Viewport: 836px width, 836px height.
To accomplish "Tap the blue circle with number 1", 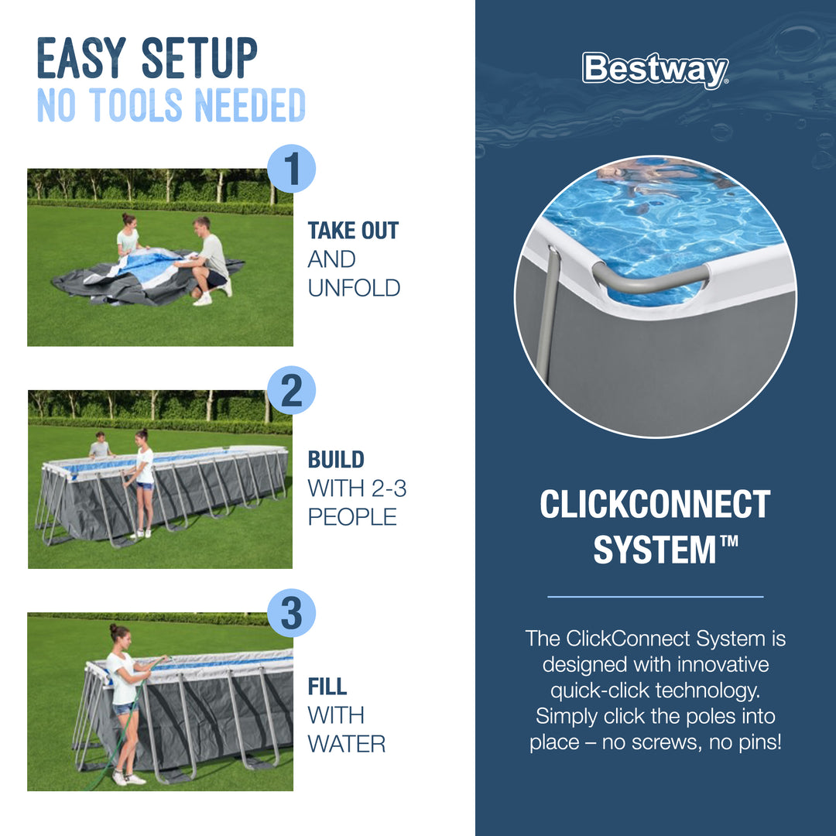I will click(x=291, y=169).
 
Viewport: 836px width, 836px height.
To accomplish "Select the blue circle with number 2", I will click(x=291, y=391).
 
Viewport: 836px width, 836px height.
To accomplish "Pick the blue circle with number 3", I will click(x=291, y=613).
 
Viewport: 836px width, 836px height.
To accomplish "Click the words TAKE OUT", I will click(x=353, y=231).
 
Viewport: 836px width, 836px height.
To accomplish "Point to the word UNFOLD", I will click(x=354, y=288).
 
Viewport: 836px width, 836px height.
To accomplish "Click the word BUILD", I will click(x=336, y=459).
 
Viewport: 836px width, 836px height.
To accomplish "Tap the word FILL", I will click(x=327, y=687).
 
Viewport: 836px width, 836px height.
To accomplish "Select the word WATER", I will click(x=346, y=744).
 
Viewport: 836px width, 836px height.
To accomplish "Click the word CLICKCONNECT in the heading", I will click(x=655, y=505).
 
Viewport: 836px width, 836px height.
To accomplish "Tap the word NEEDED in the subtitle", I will click(x=249, y=106).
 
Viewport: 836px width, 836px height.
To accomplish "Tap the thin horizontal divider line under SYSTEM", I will click(x=655, y=597).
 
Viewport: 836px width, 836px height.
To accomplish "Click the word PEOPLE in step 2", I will click(x=352, y=516).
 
